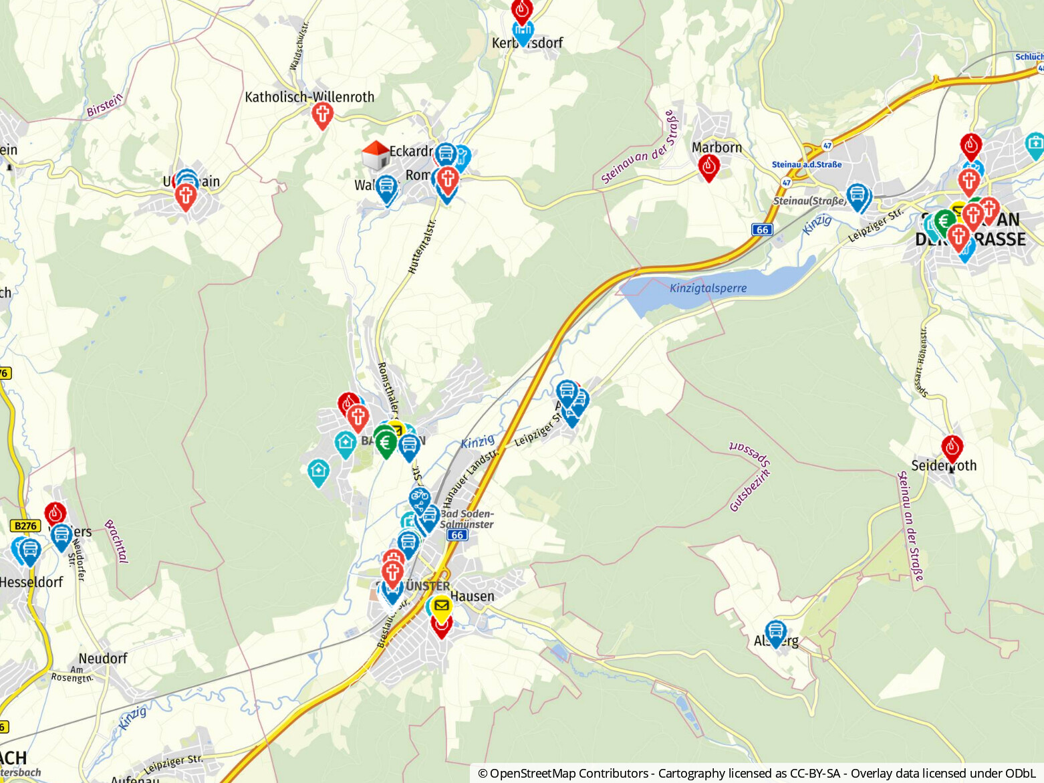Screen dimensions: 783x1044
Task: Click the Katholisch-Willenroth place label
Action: click(309, 97)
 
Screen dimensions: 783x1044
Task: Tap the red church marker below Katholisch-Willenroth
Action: click(323, 115)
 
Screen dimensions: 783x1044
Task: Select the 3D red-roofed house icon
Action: click(375, 155)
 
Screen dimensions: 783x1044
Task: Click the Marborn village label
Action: click(716, 147)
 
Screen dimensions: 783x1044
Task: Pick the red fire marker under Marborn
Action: click(708, 166)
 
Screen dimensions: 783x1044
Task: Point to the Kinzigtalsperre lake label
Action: click(708, 288)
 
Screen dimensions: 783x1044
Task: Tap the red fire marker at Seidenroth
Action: click(952, 448)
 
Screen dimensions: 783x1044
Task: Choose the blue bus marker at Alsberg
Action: click(775, 632)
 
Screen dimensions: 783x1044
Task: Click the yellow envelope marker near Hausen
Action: click(441, 606)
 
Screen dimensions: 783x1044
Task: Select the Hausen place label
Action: click(473, 596)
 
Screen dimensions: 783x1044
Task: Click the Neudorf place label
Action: click(103, 659)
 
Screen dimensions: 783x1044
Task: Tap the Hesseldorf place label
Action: click(31, 582)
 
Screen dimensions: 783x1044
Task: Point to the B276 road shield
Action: click(25, 526)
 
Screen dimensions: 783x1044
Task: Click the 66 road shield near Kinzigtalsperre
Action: click(762, 229)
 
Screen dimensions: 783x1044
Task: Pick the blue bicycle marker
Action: click(419, 498)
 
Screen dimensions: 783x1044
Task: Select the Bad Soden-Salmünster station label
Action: click(467, 519)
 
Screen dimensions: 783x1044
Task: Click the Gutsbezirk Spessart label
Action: click(750, 475)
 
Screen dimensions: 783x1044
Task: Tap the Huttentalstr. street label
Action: click(422, 246)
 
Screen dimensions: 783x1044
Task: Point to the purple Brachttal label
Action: click(116, 542)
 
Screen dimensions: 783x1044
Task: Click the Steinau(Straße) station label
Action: click(809, 201)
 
